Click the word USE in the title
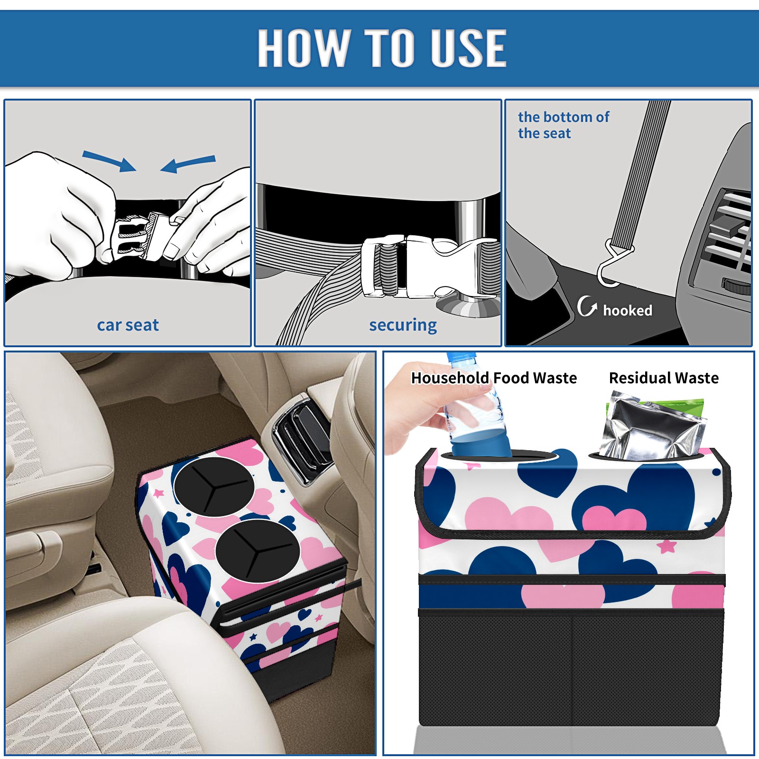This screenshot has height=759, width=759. (x=469, y=47)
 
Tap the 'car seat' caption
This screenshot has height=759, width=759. (x=128, y=325)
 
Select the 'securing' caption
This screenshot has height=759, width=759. (x=403, y=325)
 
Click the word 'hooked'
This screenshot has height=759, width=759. (x=628, y=310)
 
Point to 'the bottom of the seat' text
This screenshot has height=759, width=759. (x=563, y=125)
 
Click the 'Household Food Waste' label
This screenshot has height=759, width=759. (x=494, y=378)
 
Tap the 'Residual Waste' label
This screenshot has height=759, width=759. (x=664, y=378)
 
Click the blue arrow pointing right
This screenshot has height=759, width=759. (x=109, y=161)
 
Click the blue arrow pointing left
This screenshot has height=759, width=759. (x=188, y=164)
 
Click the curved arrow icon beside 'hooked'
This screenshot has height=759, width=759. (x=587, y=306)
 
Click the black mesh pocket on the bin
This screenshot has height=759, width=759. (x=571, y=669)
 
